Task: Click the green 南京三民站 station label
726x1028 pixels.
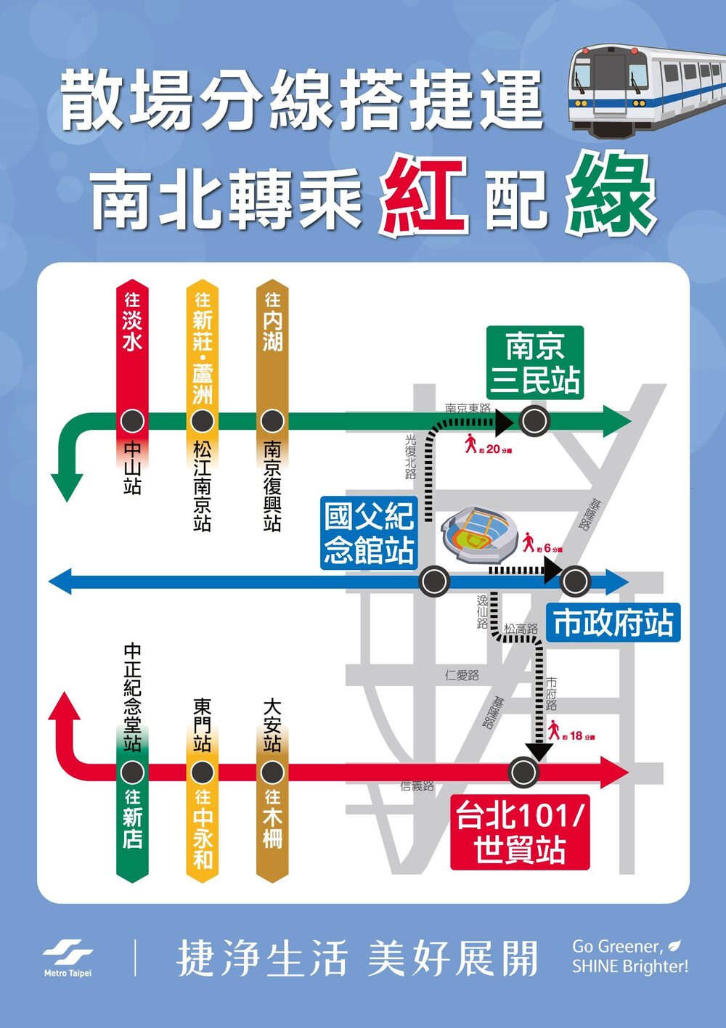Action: tap(536, 362)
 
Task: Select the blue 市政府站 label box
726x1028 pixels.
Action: tap(613, 623)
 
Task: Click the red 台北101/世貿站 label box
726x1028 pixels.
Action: tap(520, 833)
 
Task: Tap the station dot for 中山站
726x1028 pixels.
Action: tap(132, 420)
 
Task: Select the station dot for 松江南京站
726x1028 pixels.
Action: tap(203, 420)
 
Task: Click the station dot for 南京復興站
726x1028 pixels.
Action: tap(272, 420)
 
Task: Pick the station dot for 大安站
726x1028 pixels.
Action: tap(272, 772)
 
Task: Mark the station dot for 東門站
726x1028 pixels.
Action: tap(203, 772)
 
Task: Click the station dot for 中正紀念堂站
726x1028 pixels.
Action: tap(132, 772)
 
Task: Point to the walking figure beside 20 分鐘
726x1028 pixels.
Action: tap(470, 443)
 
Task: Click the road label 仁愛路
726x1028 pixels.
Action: tap(462, 675)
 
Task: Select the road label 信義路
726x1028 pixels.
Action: tap(417, 786)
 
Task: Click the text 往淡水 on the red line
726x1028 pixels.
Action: tap(132, 321)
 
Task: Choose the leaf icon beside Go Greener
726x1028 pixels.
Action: tap(675, 945)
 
